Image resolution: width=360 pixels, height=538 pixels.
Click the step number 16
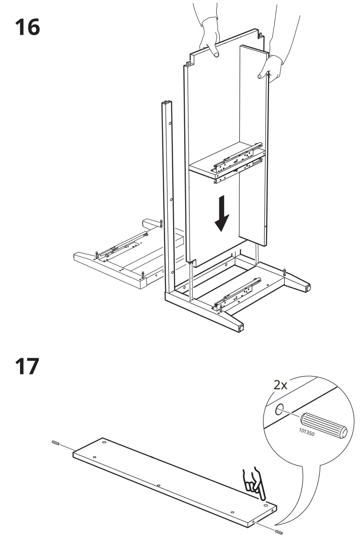[x=28, y=28]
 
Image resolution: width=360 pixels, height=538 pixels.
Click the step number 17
[x=28, y=367]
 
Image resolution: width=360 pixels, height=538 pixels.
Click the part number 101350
[x=307, y=432]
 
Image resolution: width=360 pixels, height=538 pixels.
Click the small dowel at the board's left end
[x=56, y=443]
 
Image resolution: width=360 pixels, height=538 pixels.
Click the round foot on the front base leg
[x=241, y=328]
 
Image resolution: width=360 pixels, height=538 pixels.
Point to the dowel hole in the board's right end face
[x=253, y=522]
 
